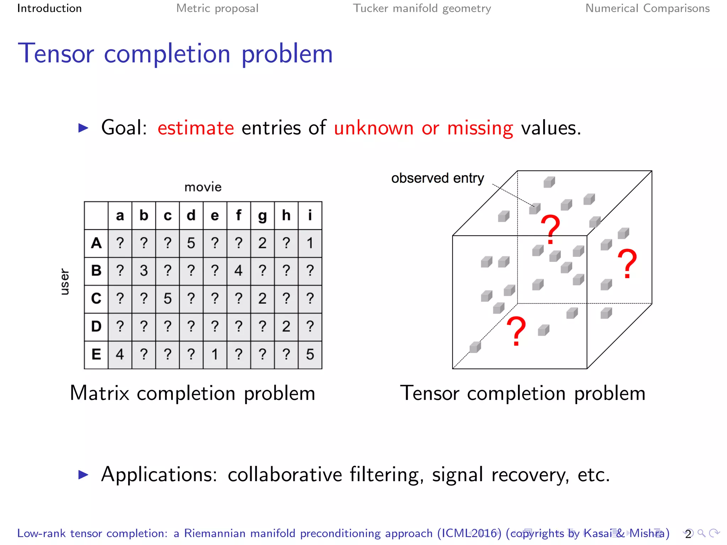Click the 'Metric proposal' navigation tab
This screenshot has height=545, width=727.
217,8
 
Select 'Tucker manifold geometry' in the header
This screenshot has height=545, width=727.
422,8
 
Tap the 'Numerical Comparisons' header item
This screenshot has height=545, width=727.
647,8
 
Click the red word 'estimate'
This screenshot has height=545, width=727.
196,128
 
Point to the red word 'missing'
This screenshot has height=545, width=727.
480,128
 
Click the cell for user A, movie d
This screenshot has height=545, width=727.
191,243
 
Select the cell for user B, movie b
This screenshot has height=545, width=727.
144,271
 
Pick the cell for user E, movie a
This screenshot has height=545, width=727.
120,354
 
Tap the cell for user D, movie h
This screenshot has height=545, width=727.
286,326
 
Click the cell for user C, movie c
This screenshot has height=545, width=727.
168,299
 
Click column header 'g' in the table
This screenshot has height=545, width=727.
262,215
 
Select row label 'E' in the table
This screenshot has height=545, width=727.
96,354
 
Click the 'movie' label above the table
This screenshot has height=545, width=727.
203,187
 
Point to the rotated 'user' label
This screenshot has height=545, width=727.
65,282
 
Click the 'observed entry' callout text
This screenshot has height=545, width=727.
437,178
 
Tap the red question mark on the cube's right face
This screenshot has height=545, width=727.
627,263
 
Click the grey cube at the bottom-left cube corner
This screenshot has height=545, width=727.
475,347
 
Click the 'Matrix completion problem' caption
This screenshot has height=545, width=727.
192,393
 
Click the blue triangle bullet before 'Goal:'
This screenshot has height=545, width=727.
83,128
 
